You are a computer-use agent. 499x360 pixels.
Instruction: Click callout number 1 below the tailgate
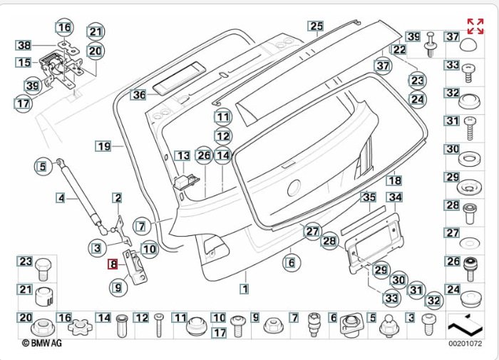245,289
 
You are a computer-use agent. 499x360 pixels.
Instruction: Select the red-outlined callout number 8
113,264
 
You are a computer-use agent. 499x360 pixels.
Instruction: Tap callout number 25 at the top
316,26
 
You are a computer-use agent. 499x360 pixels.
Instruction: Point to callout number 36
138,93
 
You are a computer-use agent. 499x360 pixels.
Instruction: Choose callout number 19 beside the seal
104,146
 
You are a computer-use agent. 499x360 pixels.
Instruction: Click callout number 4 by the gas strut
61,197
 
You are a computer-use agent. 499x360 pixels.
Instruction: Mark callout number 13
182,155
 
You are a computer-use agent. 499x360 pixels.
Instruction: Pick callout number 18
394,181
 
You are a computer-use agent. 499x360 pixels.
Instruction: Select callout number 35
368,197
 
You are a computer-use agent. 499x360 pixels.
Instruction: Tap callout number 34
395,197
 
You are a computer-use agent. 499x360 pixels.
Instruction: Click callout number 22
398,50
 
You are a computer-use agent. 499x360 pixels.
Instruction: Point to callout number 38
24,45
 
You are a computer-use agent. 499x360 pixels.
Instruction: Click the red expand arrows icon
475,26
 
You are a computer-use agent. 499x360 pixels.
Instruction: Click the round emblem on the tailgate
292,189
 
